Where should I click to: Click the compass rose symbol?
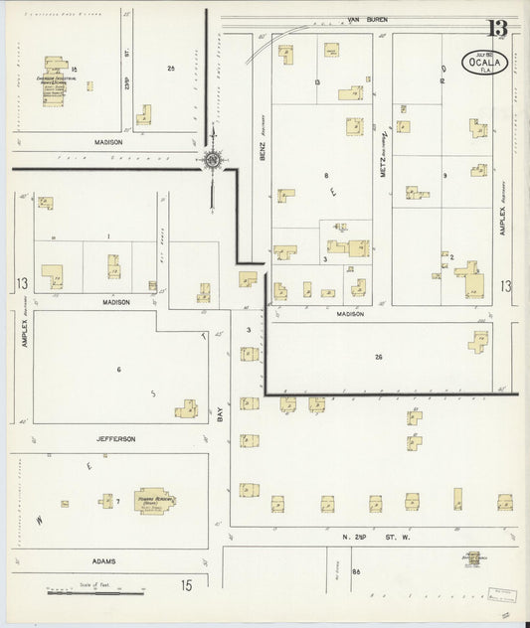(x=213, y=160)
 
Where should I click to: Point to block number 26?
(x=378, y=356)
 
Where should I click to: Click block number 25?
(x=171, y=69)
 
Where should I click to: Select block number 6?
(x=118, y=370)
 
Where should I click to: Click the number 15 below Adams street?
(x=186, y=587)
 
